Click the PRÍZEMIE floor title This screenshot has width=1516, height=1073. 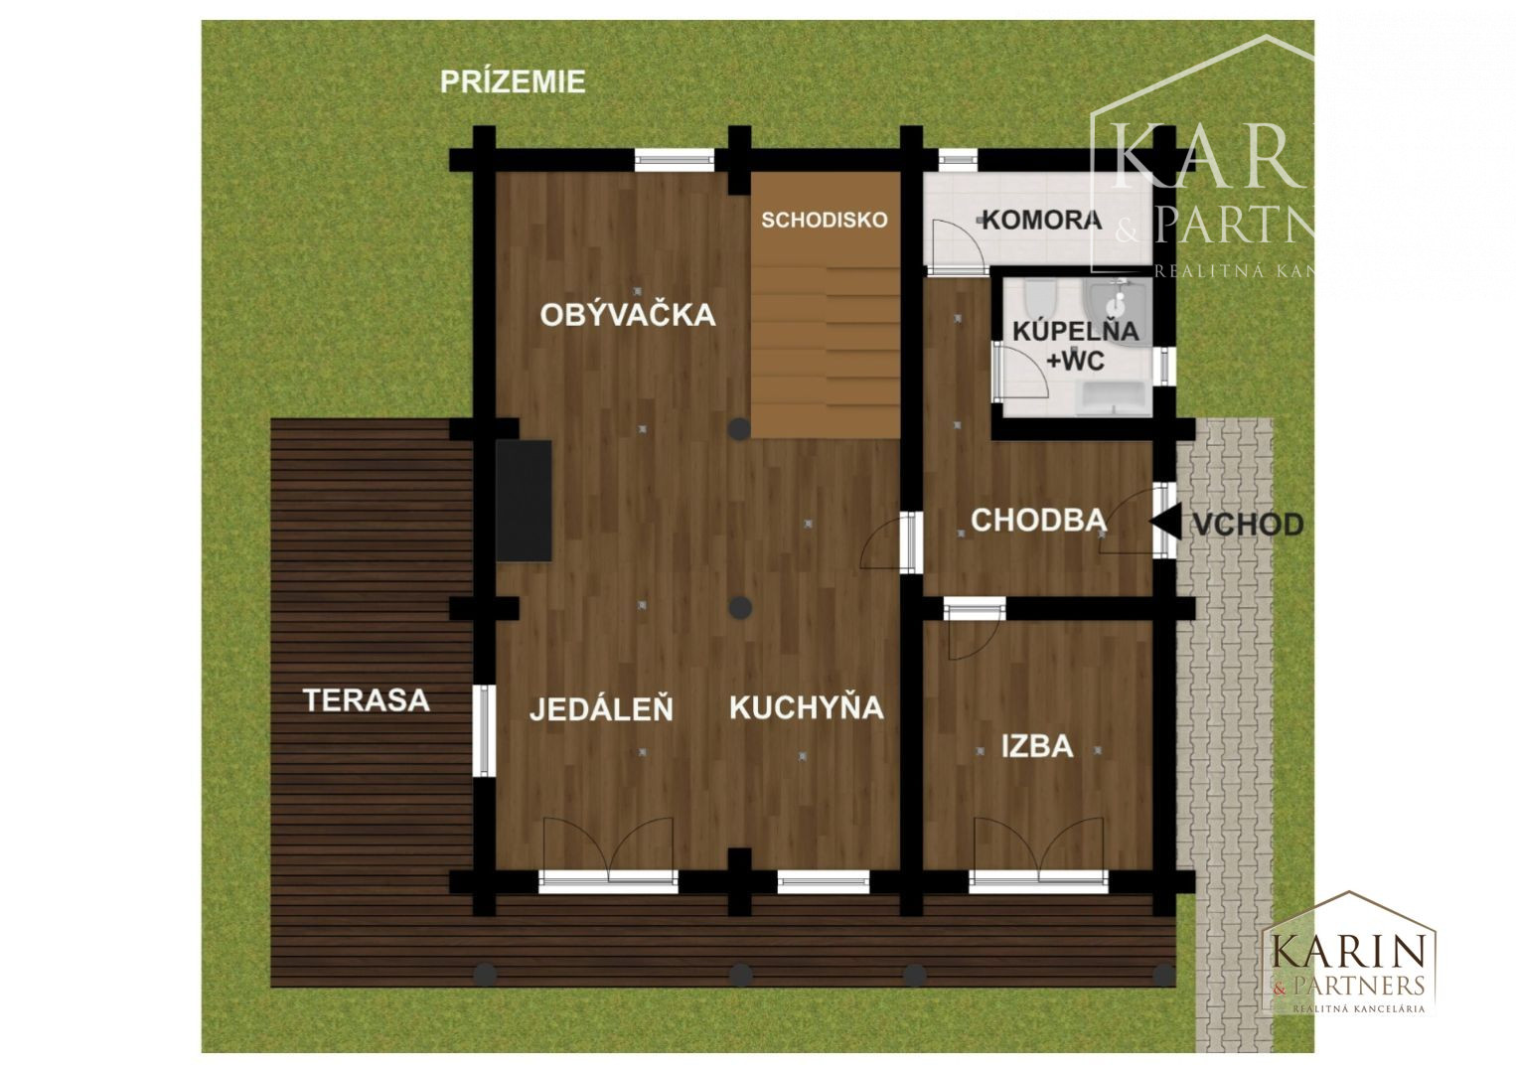point(513,81)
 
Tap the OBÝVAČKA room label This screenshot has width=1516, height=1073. point(628,315)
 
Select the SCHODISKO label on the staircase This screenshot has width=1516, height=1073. point(825,220)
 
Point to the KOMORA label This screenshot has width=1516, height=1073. point(1041,220)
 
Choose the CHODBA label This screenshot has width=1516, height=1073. point(1038,520)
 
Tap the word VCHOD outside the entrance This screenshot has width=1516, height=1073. point(1247,524)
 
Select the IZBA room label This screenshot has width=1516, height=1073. point(1037,745)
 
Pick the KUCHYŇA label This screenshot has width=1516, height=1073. point(806,707)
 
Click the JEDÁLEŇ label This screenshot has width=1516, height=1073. point(601,709)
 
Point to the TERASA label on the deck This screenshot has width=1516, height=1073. point(367,700)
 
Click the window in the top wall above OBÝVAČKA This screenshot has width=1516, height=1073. point(675,159)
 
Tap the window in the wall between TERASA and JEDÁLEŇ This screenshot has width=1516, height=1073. point(483,731)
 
